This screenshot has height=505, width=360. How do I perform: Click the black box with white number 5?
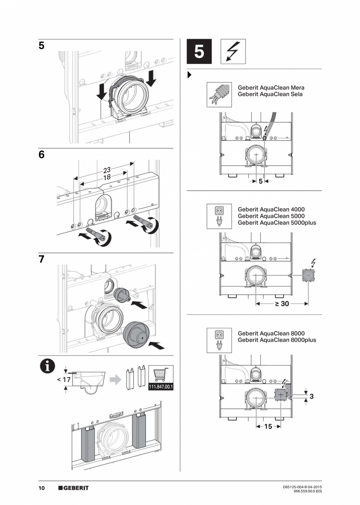point(199,51)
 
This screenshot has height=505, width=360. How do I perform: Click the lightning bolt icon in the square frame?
point(233,51)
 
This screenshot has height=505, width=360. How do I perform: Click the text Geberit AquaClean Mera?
point(271,88)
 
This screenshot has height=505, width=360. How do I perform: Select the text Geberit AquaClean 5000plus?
point(277,223)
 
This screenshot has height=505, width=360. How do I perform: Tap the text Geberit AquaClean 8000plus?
point(277,340)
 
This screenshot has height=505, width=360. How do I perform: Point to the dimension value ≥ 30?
point(282,303)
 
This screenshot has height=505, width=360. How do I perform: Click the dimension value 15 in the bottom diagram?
point(268,426)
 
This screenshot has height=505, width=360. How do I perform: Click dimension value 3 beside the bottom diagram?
point(311,396)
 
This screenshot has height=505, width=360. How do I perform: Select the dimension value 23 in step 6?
point(107,170)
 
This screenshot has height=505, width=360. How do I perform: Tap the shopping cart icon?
point(161,374)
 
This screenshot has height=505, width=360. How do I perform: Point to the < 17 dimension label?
point(63,379)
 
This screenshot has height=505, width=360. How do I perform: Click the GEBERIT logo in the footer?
point(74,488)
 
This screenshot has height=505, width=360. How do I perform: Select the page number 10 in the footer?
point(41,488)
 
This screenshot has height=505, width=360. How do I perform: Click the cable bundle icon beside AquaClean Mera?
point(219,95)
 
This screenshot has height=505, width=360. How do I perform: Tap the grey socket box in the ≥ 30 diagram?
point(309,276)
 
